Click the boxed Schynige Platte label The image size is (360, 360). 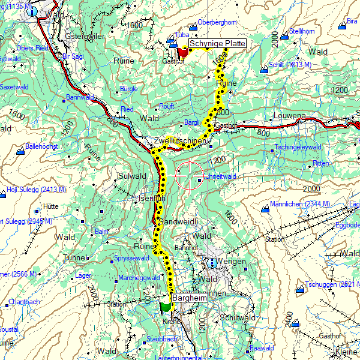(x=217, y=44)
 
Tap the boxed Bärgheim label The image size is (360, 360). (x=189, y=298)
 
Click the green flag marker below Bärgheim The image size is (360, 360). (x=166, y=305)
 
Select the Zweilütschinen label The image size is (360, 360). (x=180, y=141)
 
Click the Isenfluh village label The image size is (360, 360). (x=151, y=198)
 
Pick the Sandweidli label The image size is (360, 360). (x=177, y=222)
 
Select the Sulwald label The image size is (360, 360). (x=133, y=176)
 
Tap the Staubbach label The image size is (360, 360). (x=161, y=339)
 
